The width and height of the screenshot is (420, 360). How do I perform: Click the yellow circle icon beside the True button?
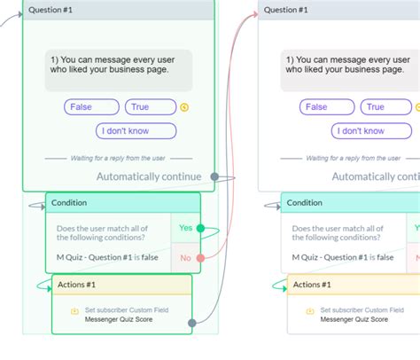(184, 108)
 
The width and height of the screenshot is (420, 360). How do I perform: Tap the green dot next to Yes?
(201, 229)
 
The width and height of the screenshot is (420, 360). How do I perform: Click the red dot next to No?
(201, 259)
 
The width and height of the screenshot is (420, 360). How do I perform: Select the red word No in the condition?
(185, 259)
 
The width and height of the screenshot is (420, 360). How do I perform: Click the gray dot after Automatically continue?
(214, 176)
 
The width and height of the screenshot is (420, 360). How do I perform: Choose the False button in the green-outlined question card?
(91, 107)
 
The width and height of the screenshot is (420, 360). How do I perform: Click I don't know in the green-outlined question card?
(136, 131)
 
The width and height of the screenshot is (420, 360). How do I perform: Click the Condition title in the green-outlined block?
(69, 203)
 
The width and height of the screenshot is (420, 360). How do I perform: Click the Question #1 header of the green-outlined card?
(51, 10)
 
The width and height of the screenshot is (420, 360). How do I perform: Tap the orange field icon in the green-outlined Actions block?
(74, 311)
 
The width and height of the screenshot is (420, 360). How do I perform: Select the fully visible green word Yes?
(185, 228)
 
